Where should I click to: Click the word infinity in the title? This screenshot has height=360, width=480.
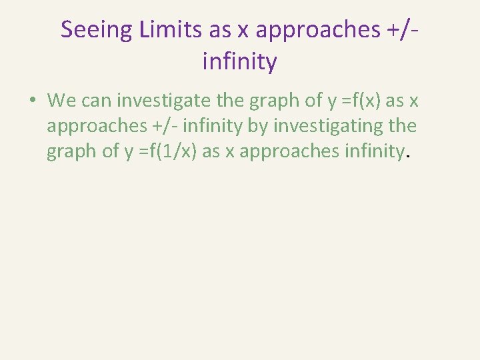pos(239,62)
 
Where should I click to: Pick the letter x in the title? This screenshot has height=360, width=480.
pos(244,29)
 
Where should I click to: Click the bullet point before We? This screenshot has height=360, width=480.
pos(31,101)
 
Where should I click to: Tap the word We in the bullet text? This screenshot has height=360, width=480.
pos(62,101)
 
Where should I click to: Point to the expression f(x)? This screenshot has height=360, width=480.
pos(359,101)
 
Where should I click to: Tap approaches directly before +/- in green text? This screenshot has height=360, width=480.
pos(92,126)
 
